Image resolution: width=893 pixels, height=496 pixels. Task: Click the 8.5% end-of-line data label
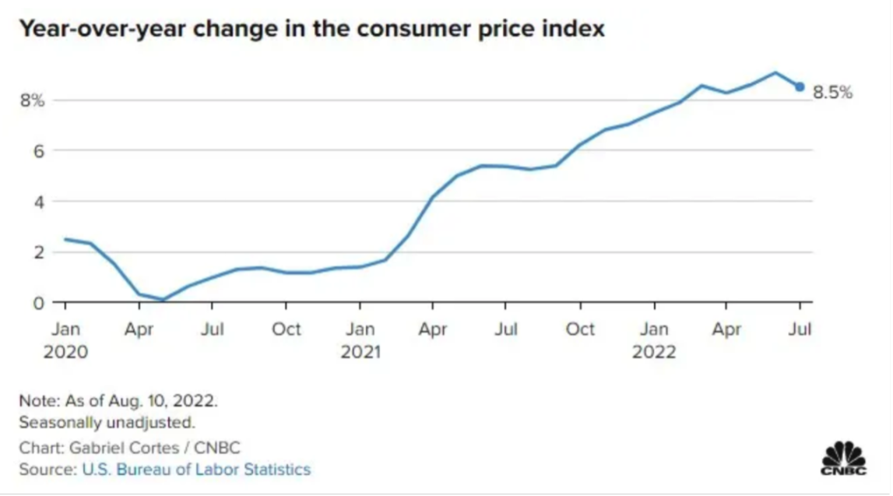pos(833,93)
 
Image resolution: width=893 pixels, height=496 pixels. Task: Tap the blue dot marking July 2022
pos(800,86)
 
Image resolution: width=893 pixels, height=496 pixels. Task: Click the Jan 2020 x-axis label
pos(65,340)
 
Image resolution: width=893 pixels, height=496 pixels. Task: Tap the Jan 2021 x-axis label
pos(360,340)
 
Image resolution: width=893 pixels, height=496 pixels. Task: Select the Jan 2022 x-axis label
pos(654,340)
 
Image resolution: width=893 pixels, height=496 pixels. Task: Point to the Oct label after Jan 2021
pos(580,329)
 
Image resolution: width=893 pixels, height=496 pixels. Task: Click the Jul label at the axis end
pos(800,329)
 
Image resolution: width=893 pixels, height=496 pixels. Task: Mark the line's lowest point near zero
pos(163,299)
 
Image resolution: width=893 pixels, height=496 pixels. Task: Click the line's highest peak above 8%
pos(775,72)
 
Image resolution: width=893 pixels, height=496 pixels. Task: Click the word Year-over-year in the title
pos(103,30)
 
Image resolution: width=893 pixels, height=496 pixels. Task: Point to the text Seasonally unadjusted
pos(107,423)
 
